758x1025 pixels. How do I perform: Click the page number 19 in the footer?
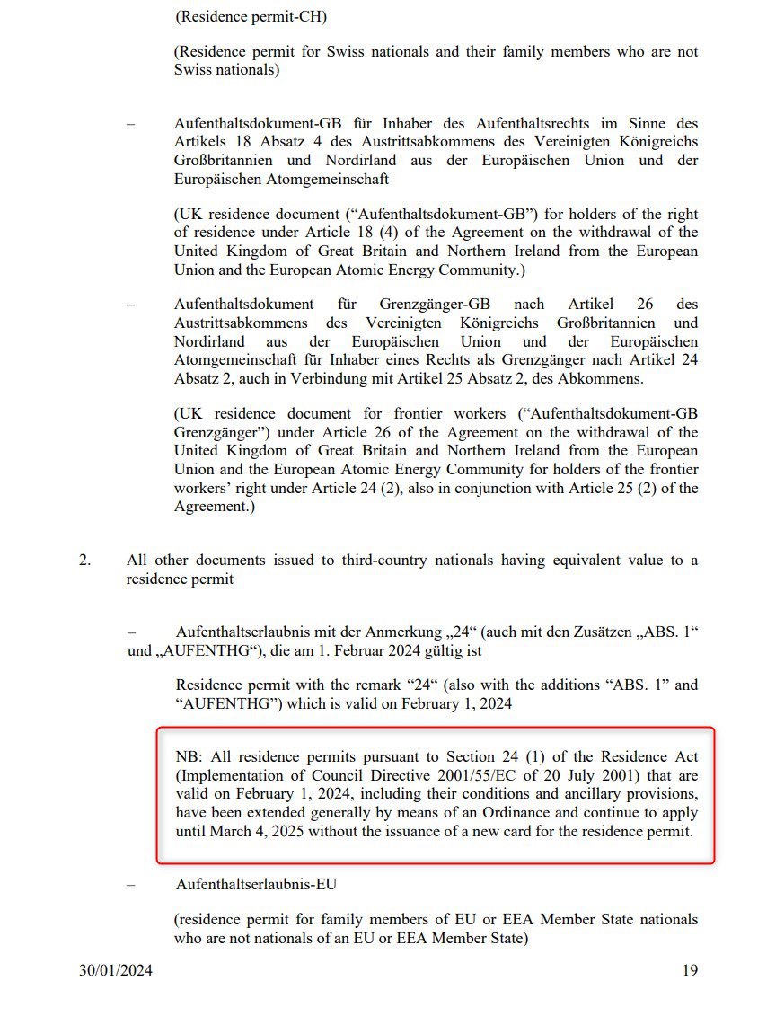[x=690, y=970]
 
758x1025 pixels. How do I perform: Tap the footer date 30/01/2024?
[x=115, y=970]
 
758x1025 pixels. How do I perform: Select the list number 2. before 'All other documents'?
[x=84, y=561]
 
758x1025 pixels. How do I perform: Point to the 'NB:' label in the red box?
[x=190, y=757]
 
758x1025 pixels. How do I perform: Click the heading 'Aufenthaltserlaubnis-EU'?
[x=256, y=884]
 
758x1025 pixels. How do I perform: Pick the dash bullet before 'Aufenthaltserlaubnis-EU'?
[x=131, y=884]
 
